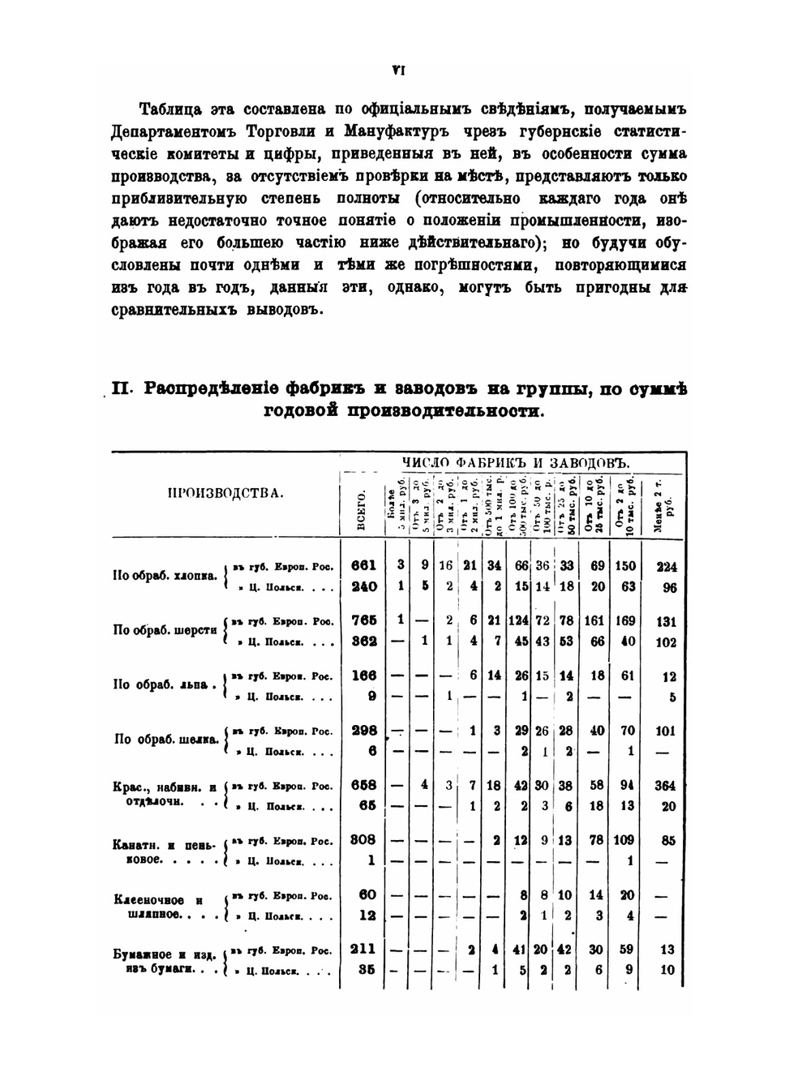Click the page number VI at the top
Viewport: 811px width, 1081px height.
398,71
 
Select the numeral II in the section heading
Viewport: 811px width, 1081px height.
122,388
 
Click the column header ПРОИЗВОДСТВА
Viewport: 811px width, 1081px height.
225,492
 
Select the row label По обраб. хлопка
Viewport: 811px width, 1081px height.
165,577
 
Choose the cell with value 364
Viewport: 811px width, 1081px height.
667,785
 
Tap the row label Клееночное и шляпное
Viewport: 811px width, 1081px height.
161,907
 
